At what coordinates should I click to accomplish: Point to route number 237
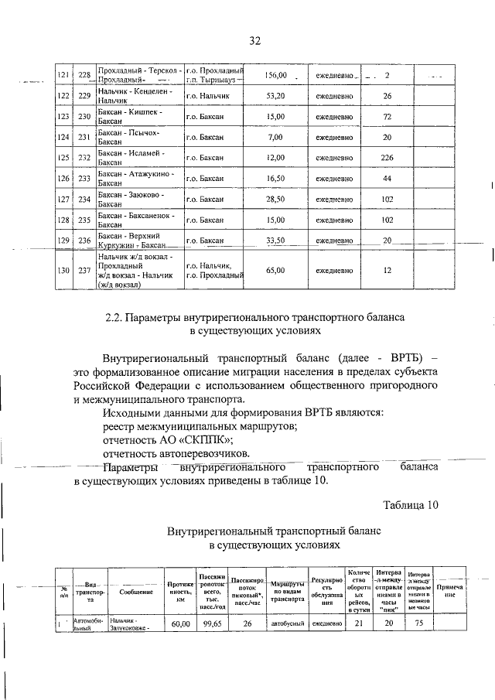(85, 270)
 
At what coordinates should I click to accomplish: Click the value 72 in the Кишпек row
(387, 117)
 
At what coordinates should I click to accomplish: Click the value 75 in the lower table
(418, 623)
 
